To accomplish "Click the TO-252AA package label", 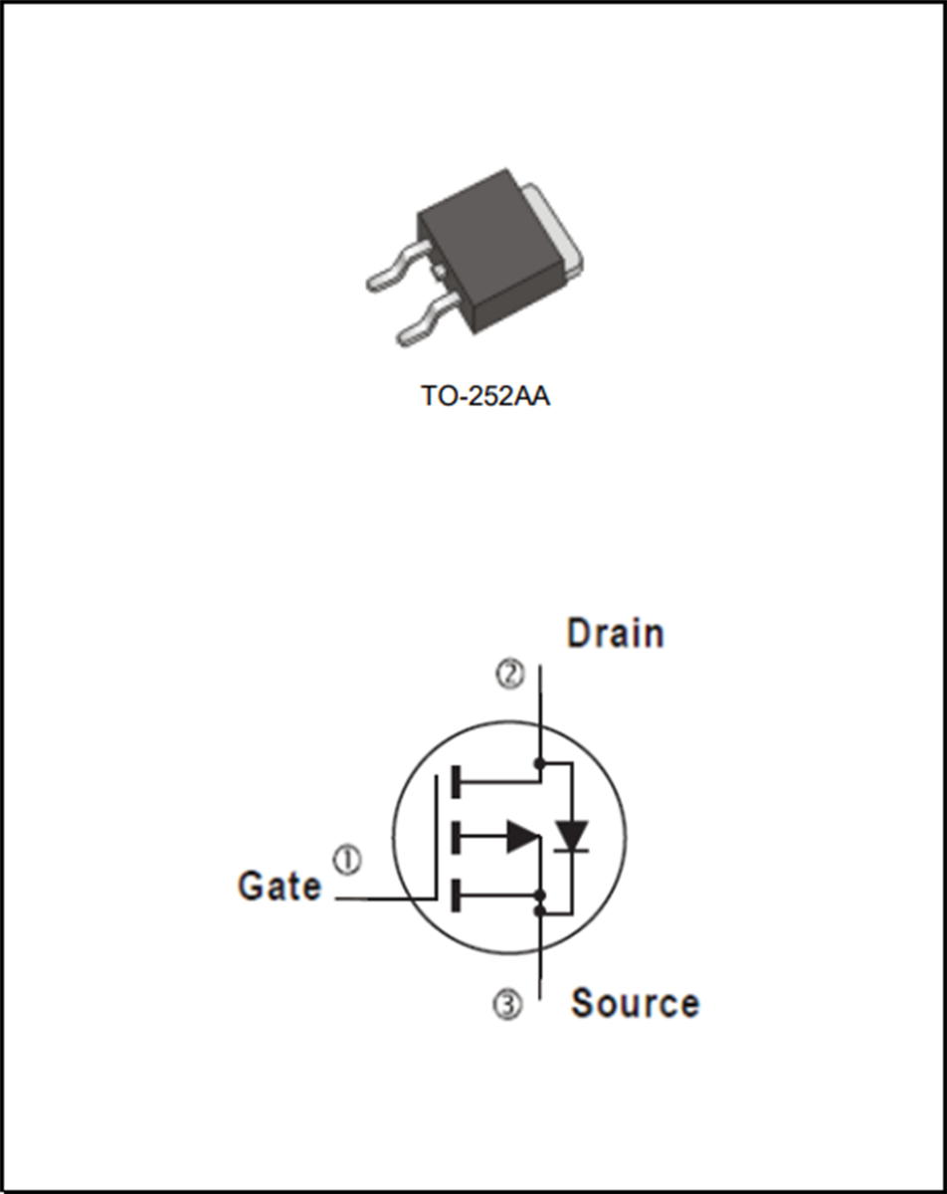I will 485,396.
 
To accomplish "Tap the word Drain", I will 615,634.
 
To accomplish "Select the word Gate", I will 280,886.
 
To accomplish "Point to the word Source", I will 635,1003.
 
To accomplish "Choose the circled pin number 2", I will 509,676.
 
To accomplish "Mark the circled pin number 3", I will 507,1006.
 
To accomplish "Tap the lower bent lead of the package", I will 423,325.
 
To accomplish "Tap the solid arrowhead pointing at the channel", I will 521,837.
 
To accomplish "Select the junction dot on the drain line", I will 539,764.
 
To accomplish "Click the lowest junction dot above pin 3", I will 539,909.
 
